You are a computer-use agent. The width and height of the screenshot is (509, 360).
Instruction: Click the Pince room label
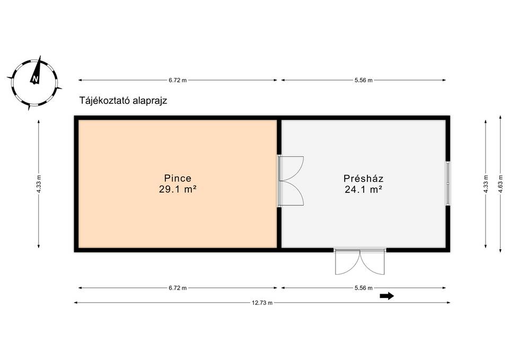[178, 178]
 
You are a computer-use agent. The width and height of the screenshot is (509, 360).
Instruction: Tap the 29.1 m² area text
[178, 189]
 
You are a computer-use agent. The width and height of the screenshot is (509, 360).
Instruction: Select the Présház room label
[363, 179]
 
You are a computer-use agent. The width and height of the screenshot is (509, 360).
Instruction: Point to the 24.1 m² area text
[363, 189]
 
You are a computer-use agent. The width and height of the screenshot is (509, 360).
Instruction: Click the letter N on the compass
[36, 79]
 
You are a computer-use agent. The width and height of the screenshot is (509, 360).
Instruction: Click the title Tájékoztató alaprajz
[124, 101]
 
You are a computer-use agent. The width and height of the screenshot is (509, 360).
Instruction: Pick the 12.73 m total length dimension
[262, 303]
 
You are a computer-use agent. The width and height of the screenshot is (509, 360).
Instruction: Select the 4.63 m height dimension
[501, 185]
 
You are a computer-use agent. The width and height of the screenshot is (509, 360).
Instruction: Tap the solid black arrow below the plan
[387, 296]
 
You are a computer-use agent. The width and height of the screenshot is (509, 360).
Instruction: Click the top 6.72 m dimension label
[178, 80]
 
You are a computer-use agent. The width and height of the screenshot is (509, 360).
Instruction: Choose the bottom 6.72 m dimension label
[178, 288]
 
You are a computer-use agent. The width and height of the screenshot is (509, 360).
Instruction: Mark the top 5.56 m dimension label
[364, 80]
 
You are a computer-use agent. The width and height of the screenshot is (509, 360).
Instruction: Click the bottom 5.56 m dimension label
[364, 288]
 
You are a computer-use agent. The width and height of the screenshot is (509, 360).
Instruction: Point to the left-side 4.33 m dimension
[39, 185]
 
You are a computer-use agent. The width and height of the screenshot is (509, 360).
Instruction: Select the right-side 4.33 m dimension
[486, 185]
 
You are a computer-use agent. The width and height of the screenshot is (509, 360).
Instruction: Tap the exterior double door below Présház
[359, 261]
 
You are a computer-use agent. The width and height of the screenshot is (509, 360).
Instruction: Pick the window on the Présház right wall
[448, 183]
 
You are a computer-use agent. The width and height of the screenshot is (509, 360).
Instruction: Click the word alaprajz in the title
[150, 101]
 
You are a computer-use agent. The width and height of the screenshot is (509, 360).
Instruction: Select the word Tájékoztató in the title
[104, 101]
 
